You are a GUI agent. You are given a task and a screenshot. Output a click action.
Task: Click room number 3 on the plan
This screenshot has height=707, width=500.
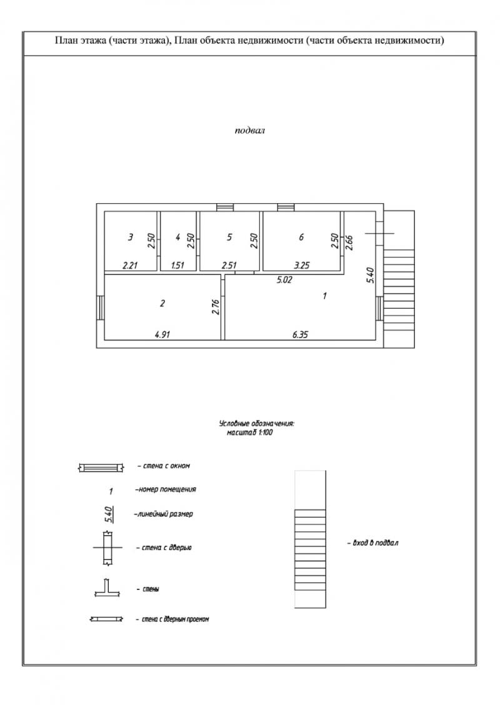point(131,237)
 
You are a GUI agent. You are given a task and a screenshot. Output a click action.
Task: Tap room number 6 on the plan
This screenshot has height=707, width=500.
point(301,237)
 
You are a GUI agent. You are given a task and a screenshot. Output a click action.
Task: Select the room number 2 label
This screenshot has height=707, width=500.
point(162,303)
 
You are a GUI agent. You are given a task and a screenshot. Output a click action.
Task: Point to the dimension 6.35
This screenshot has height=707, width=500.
point(300,334)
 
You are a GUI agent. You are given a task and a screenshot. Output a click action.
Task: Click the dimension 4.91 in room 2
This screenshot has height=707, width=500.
point(162,334)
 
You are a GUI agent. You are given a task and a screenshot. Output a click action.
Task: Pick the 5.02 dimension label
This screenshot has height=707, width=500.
point(284,279)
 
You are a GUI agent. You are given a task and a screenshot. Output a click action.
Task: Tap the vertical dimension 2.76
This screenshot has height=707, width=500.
point(216,306)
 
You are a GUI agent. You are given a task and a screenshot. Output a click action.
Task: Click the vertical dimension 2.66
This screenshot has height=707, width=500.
point(349,242)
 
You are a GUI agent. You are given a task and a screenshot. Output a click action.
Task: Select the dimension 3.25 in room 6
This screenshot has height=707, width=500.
point(301,265)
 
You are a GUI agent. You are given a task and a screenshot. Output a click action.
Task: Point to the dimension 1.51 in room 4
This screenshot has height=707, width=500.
point(177,265)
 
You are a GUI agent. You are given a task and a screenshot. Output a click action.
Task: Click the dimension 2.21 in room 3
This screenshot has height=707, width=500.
point(130,265)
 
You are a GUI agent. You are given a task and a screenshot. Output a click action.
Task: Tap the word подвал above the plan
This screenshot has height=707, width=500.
point(249,131)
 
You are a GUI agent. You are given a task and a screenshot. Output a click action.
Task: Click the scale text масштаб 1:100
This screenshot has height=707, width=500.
point(250,433)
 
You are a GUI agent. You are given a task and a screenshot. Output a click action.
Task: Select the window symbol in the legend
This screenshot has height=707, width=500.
point(101,467)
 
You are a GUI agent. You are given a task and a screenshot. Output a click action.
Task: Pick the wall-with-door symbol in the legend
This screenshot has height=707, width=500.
point(107,548)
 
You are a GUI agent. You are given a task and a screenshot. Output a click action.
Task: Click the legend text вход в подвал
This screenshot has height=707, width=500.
point(372,543)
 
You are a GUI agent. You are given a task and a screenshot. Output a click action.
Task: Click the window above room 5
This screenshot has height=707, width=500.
point(224,208)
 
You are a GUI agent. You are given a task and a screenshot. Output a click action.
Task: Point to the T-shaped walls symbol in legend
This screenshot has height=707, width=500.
point(106,588)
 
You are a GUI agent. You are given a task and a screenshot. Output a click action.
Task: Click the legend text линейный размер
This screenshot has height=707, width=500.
point(164,514)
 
